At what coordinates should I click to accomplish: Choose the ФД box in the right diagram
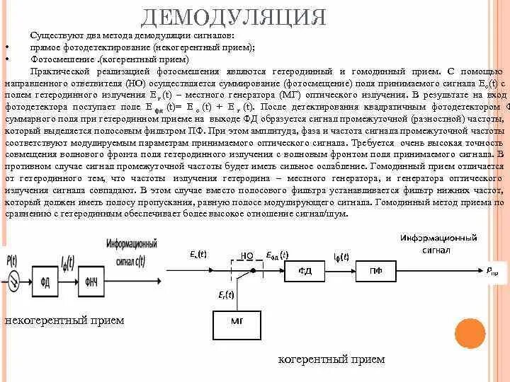pyautogui.click(x=305, y=270)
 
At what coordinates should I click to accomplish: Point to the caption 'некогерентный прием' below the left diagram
pyautogui.click(x=64, y=320)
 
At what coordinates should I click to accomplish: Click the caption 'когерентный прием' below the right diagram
pyautogui.click(x=331, y=359)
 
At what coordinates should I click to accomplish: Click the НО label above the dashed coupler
pyautogui.click(x=247, y=255)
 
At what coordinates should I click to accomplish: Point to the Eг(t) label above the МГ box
pyautogui.click(x=227, y=294)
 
